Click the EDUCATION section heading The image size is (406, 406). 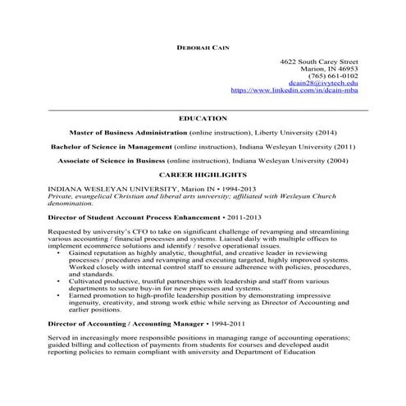tap(203, 118)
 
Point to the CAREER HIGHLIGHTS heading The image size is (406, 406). tap(203, 176)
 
